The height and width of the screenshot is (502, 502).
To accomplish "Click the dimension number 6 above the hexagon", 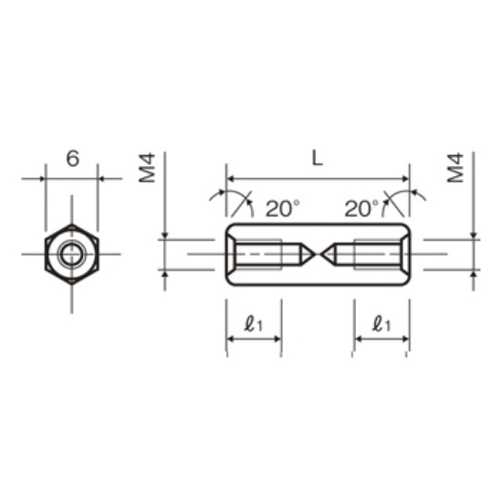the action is click(x=73, y=159).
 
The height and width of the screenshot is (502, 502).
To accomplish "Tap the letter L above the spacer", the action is click(x=318, y=158).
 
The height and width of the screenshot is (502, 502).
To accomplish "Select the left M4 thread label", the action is click(x=147, y=168).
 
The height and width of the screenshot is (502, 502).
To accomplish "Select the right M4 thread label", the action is click(x=455, y=168).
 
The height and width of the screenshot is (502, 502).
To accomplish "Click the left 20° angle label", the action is click(x=283, y=208).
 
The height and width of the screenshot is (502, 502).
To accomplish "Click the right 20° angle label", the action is click(x=361, y=208).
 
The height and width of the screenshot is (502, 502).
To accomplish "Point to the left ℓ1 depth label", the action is click(x=253, y=324).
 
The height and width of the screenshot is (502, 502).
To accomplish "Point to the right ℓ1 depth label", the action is click(x=382, y=324).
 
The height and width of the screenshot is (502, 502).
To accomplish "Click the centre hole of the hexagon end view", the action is click(x=72, y=255).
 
